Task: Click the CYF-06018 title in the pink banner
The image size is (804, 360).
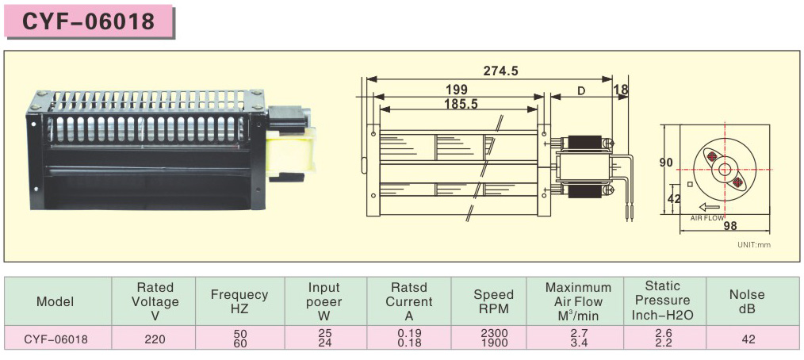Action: point(88,21)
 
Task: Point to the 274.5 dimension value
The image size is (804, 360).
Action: point(500,71)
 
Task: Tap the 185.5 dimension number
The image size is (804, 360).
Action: point(460,103)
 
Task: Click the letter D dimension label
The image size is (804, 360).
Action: point(580,90)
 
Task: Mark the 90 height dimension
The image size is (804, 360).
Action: point(666,163)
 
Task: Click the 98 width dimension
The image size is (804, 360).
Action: point(730,225)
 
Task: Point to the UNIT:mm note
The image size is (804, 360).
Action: point(753,244)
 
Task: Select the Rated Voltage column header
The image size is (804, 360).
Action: point(155,301)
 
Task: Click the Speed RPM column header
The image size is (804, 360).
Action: point(494,301)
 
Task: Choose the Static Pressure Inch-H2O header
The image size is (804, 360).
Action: point(662,301)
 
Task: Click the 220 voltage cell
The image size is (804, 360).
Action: point(155,339)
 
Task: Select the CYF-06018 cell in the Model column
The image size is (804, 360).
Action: point(56,339)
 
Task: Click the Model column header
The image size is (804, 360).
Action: point(56,301)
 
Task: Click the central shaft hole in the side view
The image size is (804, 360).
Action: point(725,169)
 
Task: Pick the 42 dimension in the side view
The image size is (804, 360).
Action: point(674,199)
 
